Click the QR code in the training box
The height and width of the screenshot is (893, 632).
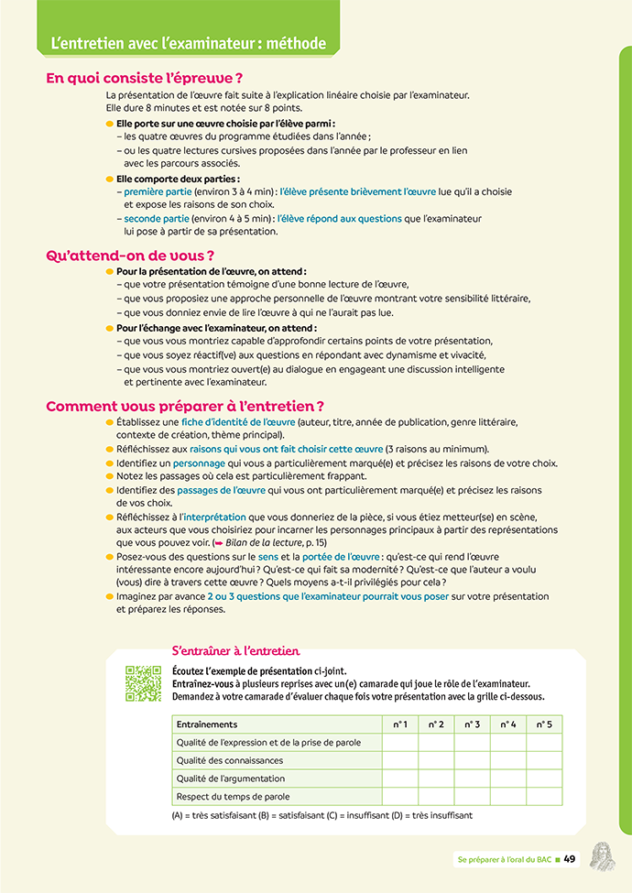(143, 683)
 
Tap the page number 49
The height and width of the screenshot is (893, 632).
(569, 859)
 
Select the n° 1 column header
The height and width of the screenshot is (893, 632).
(399, 724)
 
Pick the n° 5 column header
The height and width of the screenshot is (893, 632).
(544, 724)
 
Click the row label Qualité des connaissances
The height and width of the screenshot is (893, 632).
(230, 760)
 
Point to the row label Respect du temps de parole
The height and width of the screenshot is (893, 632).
(233, 797)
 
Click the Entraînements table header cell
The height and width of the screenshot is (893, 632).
(207, 724)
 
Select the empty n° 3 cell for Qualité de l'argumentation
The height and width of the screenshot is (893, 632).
(472, 779)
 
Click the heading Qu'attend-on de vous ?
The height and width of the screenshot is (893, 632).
(130, 256)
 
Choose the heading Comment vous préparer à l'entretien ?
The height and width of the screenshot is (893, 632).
(185, 406)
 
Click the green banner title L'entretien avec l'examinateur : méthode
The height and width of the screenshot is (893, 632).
(183, 43)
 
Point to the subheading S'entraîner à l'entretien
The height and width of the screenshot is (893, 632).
(236, 651)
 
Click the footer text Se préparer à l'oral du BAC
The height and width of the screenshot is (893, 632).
(504, 859)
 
